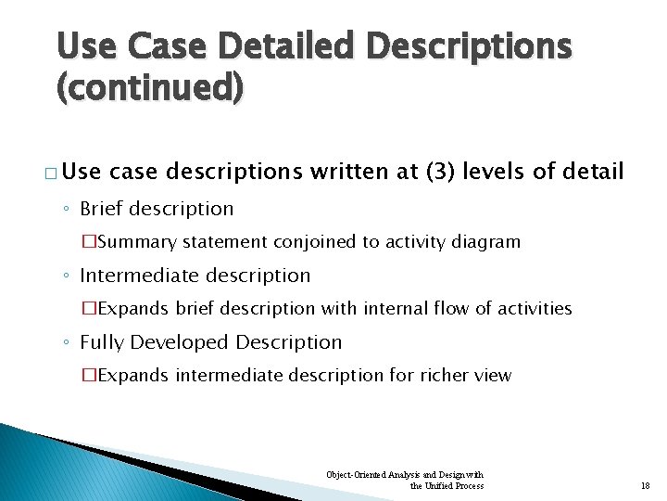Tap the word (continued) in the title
pyautogui.click(x=150, y=88)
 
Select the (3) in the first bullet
pyautogui.click(x=439, y=172)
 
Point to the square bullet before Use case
pyautogui.click(x=48, y=173)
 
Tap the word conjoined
pyautogui.click(x=312, y=242)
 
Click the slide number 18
pyautogui.click(x=646, y=485)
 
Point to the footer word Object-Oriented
pyautogui.click(x=351, y=475)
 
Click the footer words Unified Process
pyautogui.click(x=454, y=485)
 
